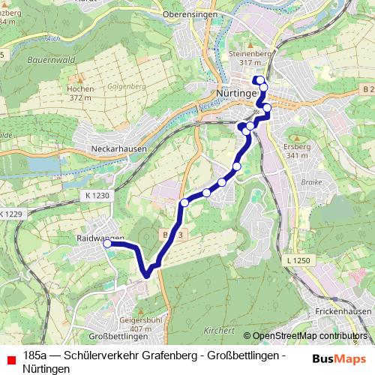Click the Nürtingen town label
[x=235, y=94]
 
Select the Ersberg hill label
[x=298, y=146]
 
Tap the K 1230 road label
[x=96, y=195]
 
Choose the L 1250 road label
[x=298, y=259]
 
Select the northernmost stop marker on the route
[x=258, y=80]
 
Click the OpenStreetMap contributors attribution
[x=309, y=336]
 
